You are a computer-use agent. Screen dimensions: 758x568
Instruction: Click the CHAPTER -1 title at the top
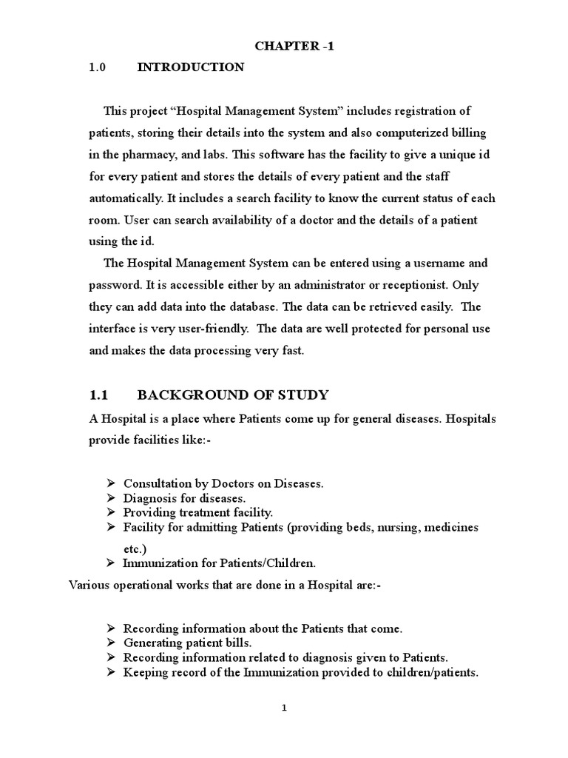[x=284, y=46]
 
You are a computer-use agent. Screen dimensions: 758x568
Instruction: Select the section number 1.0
[x=98, y=67]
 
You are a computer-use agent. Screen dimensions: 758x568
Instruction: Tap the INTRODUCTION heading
[x=190, y=67]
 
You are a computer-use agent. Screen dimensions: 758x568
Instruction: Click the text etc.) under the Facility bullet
[x=135, y=549]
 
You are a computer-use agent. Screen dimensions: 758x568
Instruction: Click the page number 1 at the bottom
[x=284, y=708]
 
